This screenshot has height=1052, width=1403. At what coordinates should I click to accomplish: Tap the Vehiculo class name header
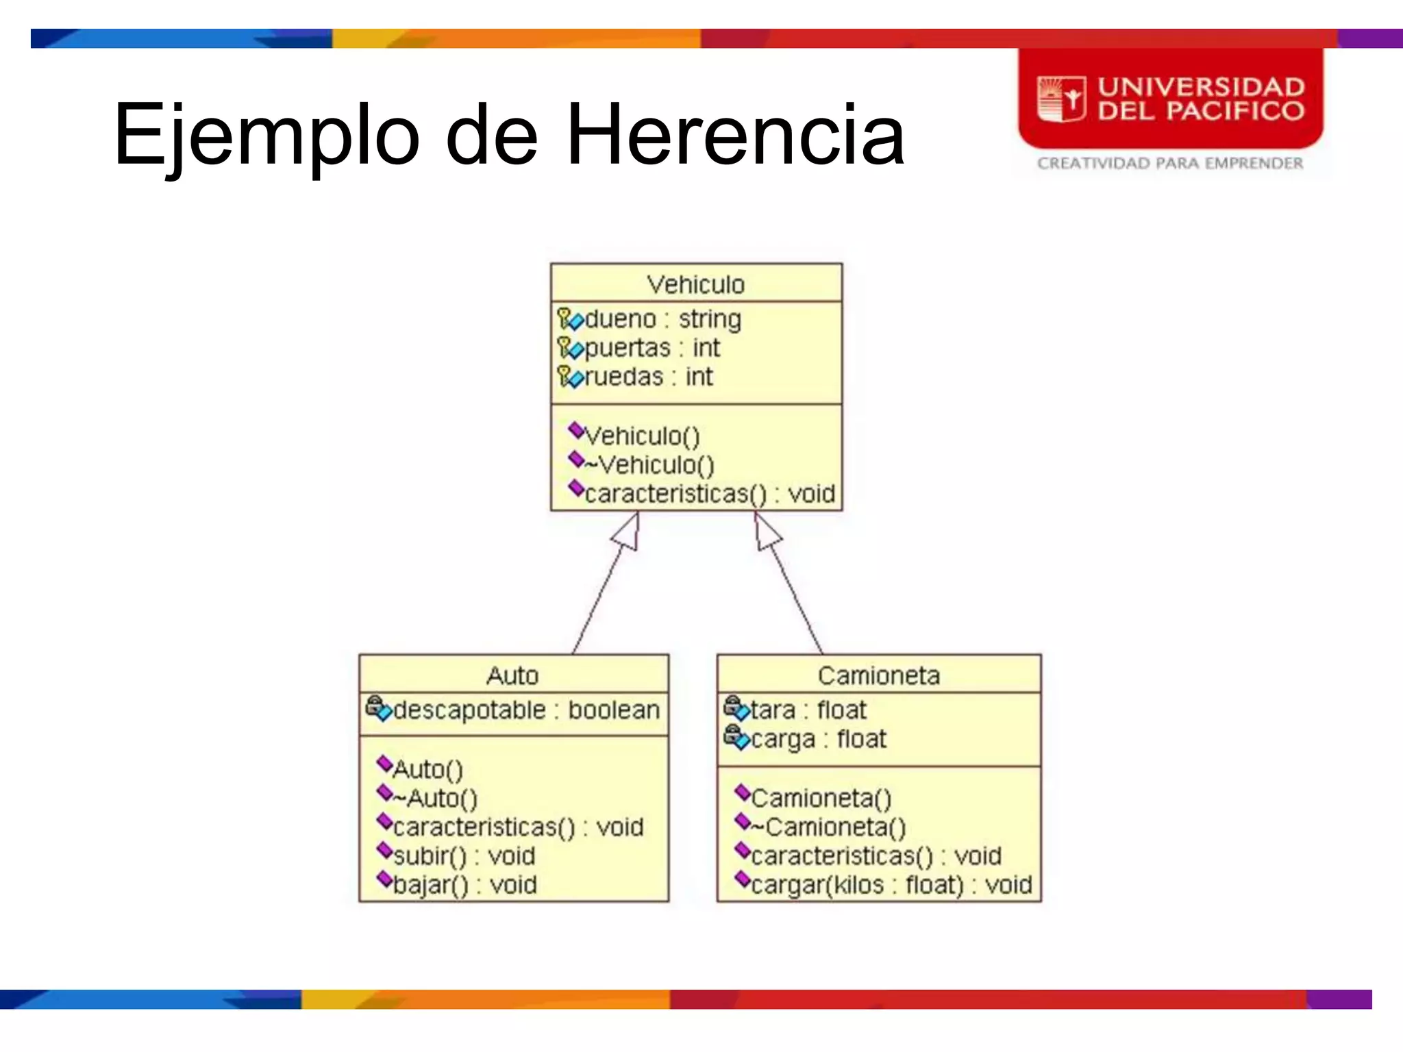[x=695, y=284]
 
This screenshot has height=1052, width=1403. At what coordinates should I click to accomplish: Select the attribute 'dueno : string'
[x=662, y=319]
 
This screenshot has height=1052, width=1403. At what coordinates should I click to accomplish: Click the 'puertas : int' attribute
[x=651, y=348]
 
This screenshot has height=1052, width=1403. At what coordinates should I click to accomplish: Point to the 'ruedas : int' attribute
[x=648, y=377]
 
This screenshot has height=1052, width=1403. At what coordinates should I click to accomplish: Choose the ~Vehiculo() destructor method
[x=649, y=465]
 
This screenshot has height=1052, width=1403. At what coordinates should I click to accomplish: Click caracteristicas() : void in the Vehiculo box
[x=709, y=494]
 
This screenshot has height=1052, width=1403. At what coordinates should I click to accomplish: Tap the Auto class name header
[x=512, y=676]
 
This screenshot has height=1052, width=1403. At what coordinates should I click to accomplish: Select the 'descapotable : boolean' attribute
[x=526, y=710]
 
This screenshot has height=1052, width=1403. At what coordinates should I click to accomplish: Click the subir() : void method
[x=464, y=856]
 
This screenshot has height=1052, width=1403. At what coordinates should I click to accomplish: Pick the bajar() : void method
[x=464, y=885]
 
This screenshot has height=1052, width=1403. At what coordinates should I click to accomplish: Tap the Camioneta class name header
[x=878, y=676]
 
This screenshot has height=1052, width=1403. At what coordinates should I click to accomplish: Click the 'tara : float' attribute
[x=808, y=710]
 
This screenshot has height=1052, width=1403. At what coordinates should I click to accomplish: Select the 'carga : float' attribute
[x=818, y=739]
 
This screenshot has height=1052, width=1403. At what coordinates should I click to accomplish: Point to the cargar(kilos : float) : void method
[x=891, y=885]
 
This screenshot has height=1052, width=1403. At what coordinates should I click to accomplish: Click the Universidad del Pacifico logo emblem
[x=1061, y=99]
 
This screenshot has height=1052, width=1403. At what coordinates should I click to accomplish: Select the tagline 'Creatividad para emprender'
[x=1169, y=163]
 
